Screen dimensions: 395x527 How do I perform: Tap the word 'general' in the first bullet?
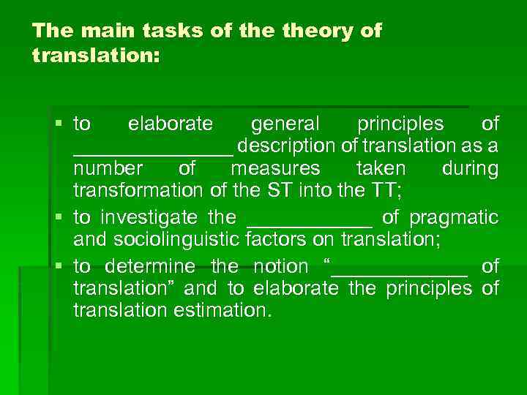point(285,124)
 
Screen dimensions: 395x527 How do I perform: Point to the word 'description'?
point(292,146)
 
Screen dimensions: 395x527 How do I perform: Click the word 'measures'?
point(275,168)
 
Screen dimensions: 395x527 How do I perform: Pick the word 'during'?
point(470,168)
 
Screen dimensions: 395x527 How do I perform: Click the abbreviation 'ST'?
point(284,191)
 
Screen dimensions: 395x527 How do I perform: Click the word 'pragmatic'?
point(454,217)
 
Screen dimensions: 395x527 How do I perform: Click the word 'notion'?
point(280,266)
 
